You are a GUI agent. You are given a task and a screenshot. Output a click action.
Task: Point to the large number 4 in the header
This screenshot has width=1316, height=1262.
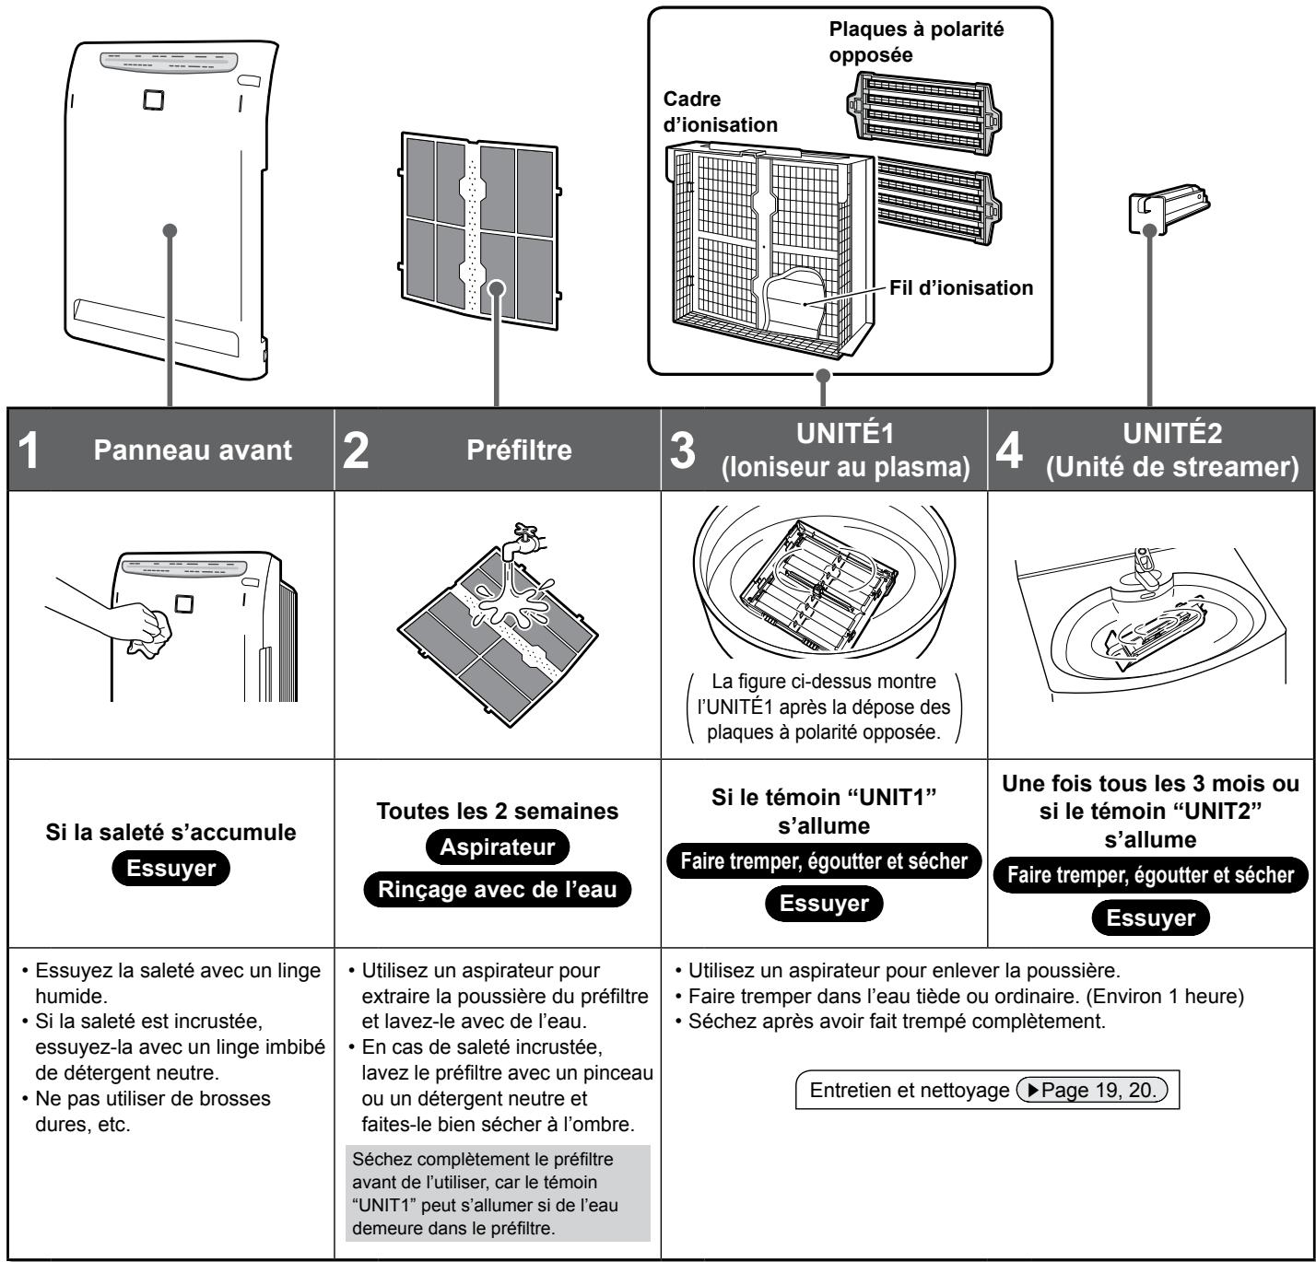[1006, 451]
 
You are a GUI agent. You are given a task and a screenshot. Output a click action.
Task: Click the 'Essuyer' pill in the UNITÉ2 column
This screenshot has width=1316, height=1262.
[1150, 918]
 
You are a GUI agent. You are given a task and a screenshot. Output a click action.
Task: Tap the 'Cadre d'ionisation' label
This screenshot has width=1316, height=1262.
[721, 112]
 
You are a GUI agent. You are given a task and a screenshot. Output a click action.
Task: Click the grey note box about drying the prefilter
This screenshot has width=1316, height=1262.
[496, 1179]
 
